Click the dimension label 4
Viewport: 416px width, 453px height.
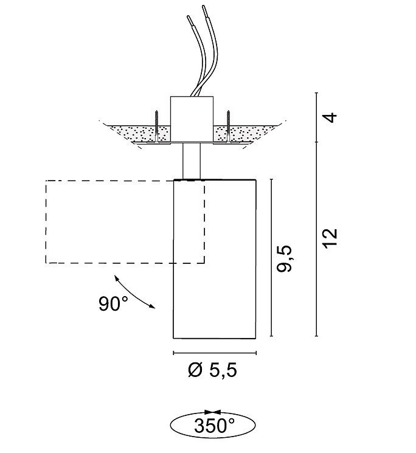click(x=330, y=117)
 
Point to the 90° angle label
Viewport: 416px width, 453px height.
click(x=114, y=303)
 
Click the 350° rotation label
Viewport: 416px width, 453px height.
click(x=214, y=426)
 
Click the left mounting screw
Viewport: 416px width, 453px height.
click(x=156, y=126)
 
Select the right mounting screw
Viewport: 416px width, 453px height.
click(x=229, y=126)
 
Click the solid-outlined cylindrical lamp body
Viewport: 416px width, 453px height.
click(x=215, y=258)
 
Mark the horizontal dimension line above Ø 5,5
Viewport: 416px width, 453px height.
click(x=215, y=353)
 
